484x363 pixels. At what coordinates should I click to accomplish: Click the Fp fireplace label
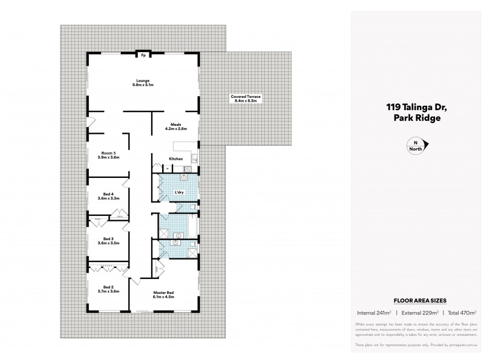[143, 55]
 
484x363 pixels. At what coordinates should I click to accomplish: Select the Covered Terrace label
[246, 99]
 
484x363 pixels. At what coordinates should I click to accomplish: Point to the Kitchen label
[176, 159]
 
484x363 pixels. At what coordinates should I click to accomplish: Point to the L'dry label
[179, 192]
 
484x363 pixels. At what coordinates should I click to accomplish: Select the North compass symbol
[416, 145]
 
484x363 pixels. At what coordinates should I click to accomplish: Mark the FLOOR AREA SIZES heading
[416, 299]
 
